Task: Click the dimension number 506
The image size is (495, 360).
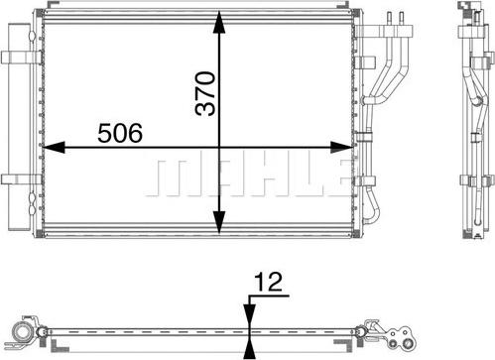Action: [x=120, y=133]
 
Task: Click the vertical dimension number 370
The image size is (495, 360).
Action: [x=205, y=93]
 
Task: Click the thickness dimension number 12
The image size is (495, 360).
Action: [x=268, y=282]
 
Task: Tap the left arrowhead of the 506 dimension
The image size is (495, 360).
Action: [x=54, y=147]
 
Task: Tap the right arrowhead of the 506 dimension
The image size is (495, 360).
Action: [x=341, y=147]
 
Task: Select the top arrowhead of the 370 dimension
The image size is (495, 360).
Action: [x=219, y=22]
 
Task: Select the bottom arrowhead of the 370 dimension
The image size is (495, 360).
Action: [x=219, y=222]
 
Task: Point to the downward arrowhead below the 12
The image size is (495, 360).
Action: [x=250, y=316]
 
